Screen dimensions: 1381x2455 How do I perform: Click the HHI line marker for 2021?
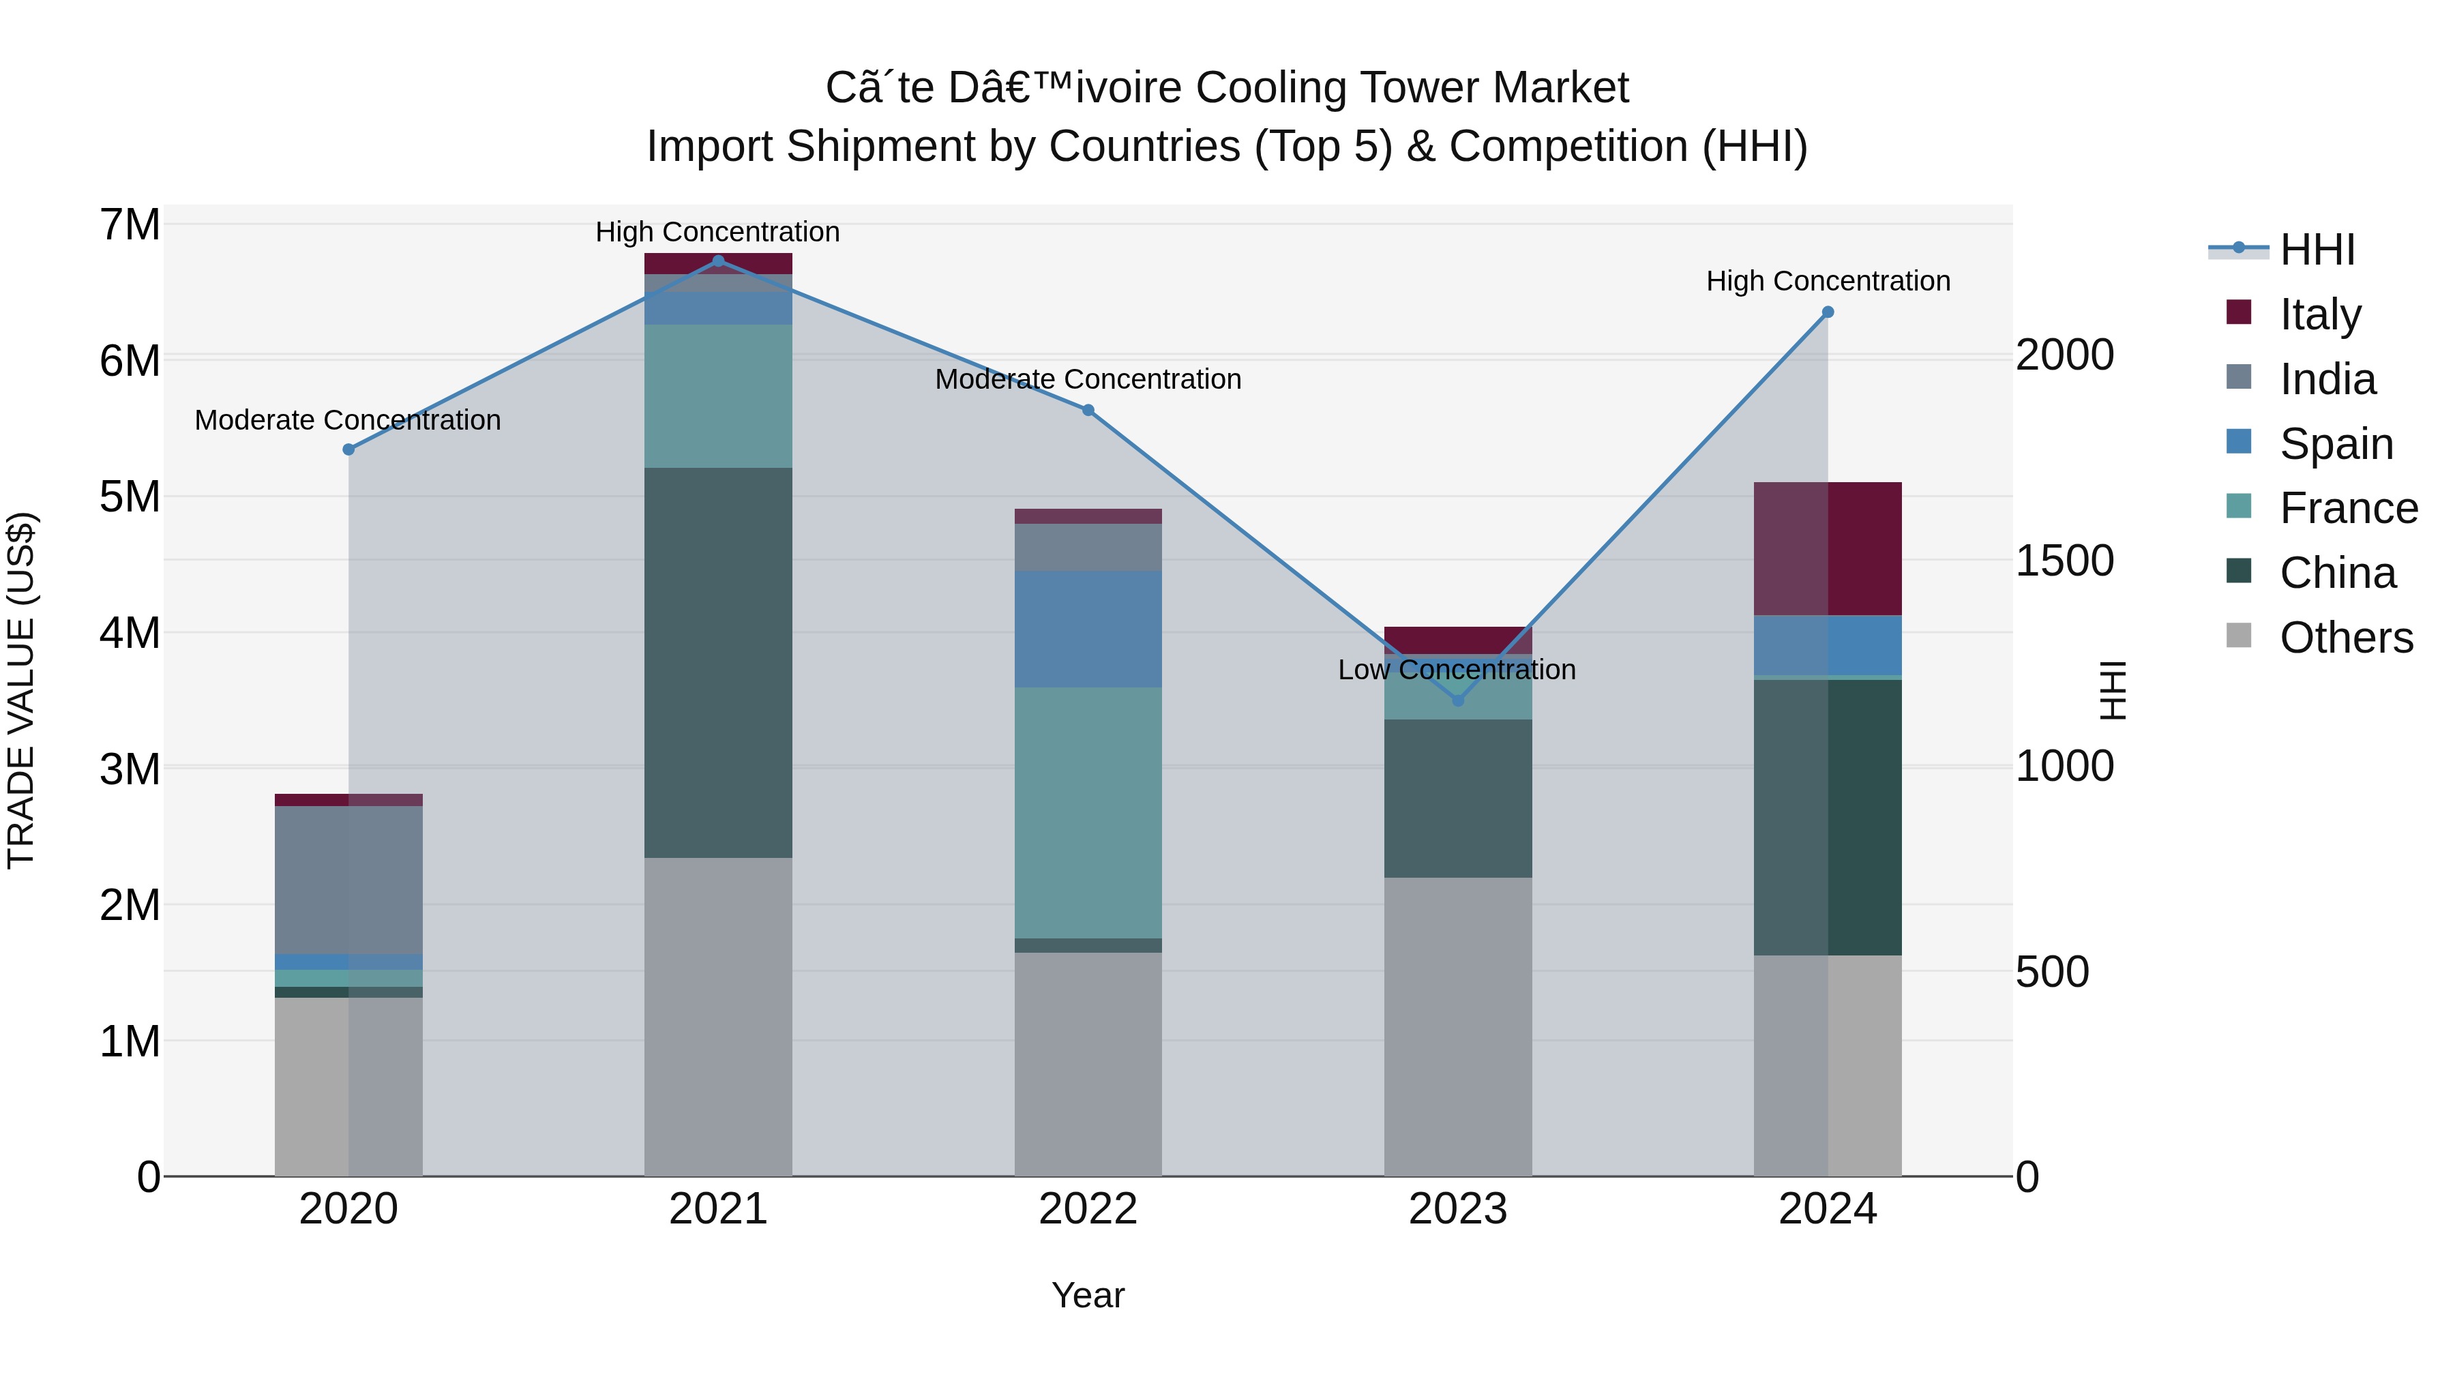tap(717, 261)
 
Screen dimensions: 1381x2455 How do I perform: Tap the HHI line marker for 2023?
tap(1457, 700)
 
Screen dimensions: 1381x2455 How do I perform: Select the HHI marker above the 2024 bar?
tap(1827, 312)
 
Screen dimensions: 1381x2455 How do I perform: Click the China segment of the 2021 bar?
tap(717, 662)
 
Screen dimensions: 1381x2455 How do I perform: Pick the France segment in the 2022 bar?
tap(1088, 812)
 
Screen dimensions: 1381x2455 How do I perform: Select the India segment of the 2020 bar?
tap(348, 879)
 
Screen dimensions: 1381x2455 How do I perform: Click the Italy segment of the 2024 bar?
tap(1827, 548)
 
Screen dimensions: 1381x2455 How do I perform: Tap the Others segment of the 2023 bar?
tap(1457, 1026)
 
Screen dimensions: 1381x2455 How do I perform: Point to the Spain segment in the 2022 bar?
tap(1088, 629)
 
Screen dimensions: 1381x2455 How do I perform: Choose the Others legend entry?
tap(2345, 638)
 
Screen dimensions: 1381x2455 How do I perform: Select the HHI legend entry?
tap(2317, 250)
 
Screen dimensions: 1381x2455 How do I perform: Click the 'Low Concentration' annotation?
tap(1456, 670)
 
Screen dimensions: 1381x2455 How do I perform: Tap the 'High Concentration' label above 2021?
tap(717, 232)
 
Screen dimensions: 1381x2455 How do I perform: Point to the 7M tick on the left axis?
tap(130, 226)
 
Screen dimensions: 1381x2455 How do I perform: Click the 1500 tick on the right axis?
tap(2064, 561)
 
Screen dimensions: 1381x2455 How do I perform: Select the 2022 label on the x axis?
tap(1088, 1209)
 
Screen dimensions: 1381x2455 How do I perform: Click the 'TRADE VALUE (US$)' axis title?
tap(21, 690)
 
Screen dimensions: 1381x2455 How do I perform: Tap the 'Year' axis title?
tap(1088, 1295)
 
